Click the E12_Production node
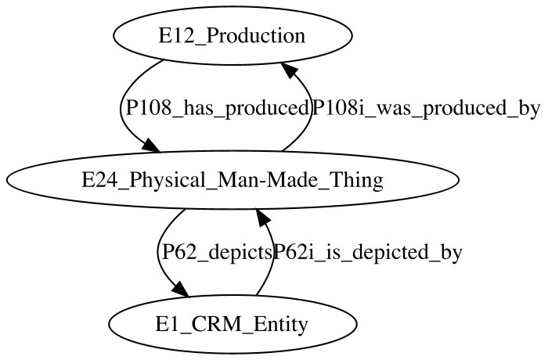pos(233,35)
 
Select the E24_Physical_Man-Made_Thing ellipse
pos(233,180)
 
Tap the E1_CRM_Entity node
pos(233,324)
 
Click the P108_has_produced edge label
pos(217,108)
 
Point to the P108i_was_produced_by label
pos(426,108)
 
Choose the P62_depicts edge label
pos(217,252)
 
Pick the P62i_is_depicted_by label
pos(368,252)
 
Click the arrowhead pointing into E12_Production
pos(290,70)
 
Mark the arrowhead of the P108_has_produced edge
pos(151,145)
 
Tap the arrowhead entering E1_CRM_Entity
pos(180,289)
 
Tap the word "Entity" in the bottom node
pos(280,325)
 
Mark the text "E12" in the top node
pos(173,36)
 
